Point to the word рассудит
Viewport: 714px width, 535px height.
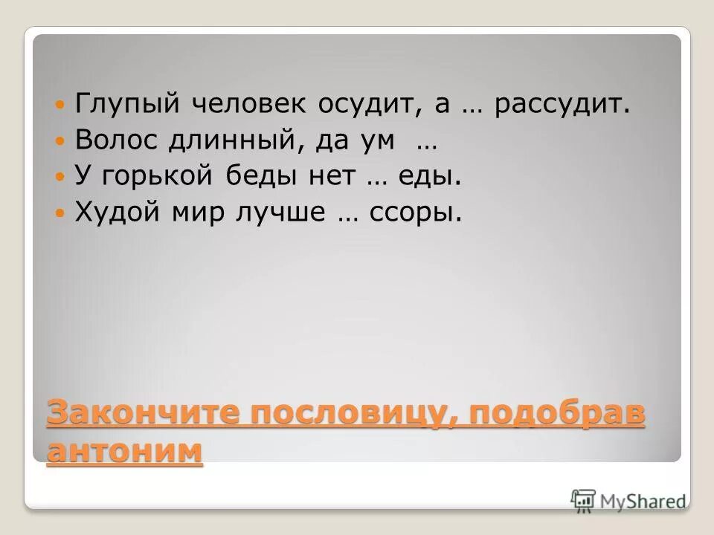pyautogui.click(x=559, y=105)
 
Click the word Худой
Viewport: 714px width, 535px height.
pyautogui.click(x=109, y=213)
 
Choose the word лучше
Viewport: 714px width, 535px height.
pyautogui.click(x=276, y=213)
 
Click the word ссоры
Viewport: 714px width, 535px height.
pyautogui.click(x=421, y=213)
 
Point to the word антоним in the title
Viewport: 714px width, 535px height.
pyautogui.click(x=123, y=451)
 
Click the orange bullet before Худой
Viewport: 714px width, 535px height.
pyautogui.click(x=62, y=213)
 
